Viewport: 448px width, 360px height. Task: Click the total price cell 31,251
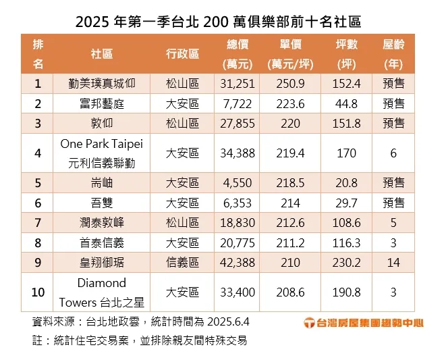click(237, 84)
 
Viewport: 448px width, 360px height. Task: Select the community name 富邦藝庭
click(102, 103)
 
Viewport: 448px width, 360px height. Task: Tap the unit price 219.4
click(291, 153)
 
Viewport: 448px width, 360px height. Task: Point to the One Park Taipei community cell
click(102, 153)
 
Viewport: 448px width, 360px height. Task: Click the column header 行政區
click(182, 54)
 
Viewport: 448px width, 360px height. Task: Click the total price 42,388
click(237, 261)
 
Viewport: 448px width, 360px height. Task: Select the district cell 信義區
click(182, 261)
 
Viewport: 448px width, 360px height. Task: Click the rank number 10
click(38, 292)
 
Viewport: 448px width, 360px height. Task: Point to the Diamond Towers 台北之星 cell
click(102, 292)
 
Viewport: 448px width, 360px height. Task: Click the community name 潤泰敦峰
click(102, 222)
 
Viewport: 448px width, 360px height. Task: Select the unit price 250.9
click(291, 84)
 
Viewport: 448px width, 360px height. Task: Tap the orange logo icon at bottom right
click(310, 323)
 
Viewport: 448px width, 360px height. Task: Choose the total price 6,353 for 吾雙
click(237, 203)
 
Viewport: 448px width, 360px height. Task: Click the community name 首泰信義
click(102, 242)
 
